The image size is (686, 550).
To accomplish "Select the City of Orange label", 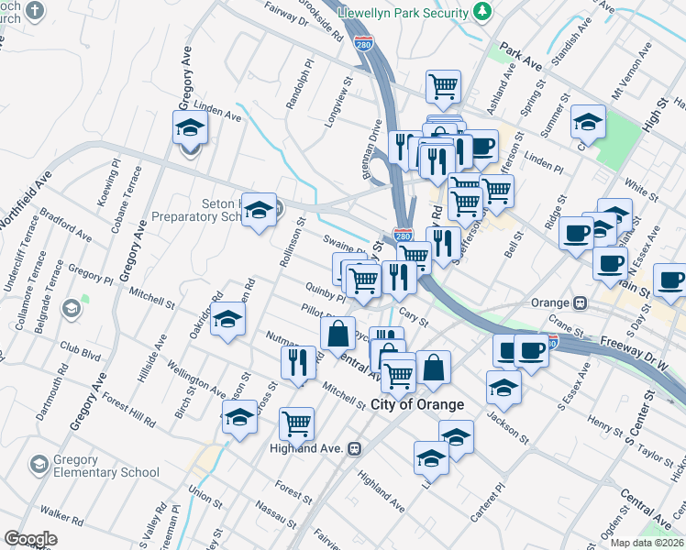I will tap(417, 404).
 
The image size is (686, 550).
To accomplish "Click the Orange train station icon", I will tap(580, 302).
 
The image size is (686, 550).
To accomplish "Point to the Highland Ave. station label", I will tap(305, 448).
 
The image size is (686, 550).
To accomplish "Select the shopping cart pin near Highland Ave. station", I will tap(296, 423).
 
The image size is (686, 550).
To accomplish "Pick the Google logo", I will tap(30, 539).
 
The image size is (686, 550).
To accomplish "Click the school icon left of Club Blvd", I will tap(72, 309).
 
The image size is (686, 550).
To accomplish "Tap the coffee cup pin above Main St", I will tap(609, 265).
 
